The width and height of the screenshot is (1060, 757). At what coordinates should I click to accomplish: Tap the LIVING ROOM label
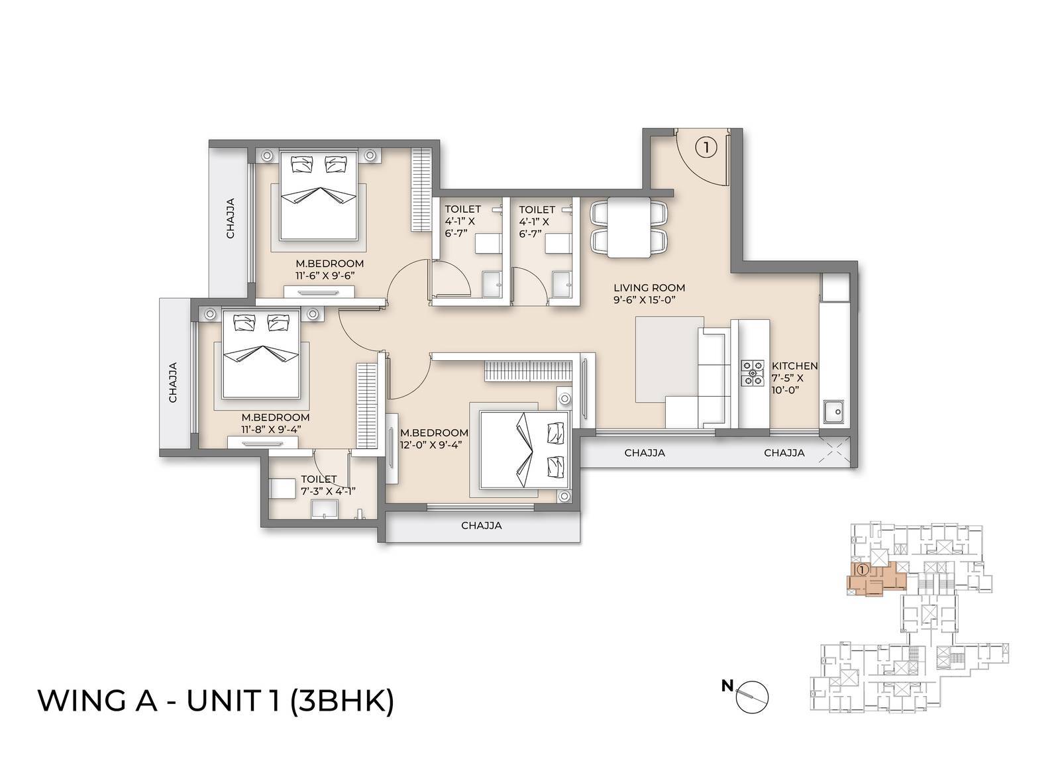click(x=649, y=288)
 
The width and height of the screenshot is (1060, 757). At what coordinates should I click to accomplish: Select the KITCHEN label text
click(x=794, y=366)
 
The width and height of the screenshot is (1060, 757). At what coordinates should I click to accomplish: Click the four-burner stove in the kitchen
click(x=752, y=373)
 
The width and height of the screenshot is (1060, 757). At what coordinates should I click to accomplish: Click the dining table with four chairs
click(x=629, y=227)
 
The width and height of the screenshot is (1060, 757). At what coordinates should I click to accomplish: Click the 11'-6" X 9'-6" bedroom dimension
click(x=329, y=276)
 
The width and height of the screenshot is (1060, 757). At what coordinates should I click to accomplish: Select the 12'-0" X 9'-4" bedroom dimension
click(x=430, y=444)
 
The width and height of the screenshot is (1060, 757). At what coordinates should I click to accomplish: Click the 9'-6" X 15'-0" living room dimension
click(x=649, y=300)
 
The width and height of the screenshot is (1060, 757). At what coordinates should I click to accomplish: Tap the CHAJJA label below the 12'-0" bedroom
click(x=482, y=526)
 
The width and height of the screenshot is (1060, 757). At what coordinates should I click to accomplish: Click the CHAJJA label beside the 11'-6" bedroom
click(x=231, y=219)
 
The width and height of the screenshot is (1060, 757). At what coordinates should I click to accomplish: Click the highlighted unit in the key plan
click(x=876, y=578)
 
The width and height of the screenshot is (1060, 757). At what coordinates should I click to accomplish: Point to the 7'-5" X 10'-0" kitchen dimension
click(x=787, y=384)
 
